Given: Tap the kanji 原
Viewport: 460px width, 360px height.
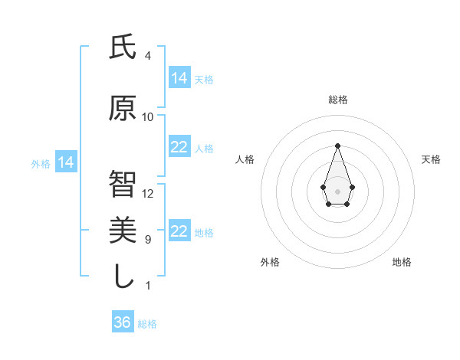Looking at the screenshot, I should click(123, 109).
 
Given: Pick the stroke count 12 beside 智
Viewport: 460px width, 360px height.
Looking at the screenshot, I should click(148, 194).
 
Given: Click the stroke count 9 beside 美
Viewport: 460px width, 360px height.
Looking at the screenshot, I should click(148, 240).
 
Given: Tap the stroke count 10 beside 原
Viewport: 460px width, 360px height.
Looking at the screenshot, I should click(148, 117).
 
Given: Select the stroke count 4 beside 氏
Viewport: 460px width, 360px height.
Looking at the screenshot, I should click(148, 56).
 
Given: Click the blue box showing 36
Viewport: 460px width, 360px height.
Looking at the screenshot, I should click(123, 322).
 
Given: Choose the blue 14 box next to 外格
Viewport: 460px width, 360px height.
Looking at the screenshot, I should click(66, 162).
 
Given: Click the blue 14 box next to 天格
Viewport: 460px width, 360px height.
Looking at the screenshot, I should click(179, 77).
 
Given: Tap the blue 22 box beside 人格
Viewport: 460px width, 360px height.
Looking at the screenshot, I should click(179, 147).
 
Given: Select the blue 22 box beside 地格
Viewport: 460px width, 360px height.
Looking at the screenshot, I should click(179, 231).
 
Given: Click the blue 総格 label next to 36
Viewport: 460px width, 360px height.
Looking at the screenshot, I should click(147, 324).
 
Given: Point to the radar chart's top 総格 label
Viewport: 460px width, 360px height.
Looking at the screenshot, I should click(337, 100).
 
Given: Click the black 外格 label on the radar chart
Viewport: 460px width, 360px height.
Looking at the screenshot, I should click(270, 262).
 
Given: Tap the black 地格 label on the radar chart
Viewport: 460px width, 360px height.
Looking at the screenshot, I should click(402, 262).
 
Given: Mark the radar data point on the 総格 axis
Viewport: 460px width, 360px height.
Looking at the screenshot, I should click(337, 146).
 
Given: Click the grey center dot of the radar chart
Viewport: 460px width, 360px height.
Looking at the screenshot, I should click(337, 191).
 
